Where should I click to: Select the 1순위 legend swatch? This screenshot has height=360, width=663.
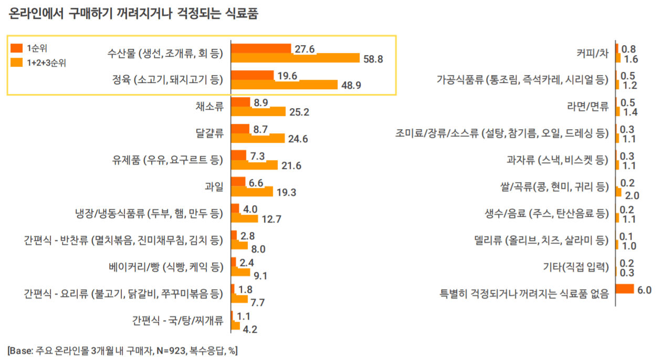click(x=17, y=48)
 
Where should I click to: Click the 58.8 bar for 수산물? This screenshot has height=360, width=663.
click(x=295, y=58)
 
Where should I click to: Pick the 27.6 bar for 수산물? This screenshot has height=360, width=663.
click(x=261, y=49)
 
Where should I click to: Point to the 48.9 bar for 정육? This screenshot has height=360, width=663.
click(x=284, y=84)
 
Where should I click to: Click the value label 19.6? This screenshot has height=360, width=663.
click(x=288, y=76)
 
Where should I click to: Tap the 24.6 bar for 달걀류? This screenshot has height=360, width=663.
click(x=258, y=139)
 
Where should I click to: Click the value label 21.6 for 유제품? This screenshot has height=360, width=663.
click(x=292, y=166)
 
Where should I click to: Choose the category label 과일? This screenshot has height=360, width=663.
click(x=214, y=186)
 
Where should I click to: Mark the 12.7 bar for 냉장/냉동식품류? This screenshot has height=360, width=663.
click(x=244, y=218)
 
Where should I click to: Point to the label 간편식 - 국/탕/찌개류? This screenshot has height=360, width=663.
click(x=177, y=320)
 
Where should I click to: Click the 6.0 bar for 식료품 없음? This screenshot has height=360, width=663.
click(x=625, y=289)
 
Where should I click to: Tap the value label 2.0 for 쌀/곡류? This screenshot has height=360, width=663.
click(x=632, y=196)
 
